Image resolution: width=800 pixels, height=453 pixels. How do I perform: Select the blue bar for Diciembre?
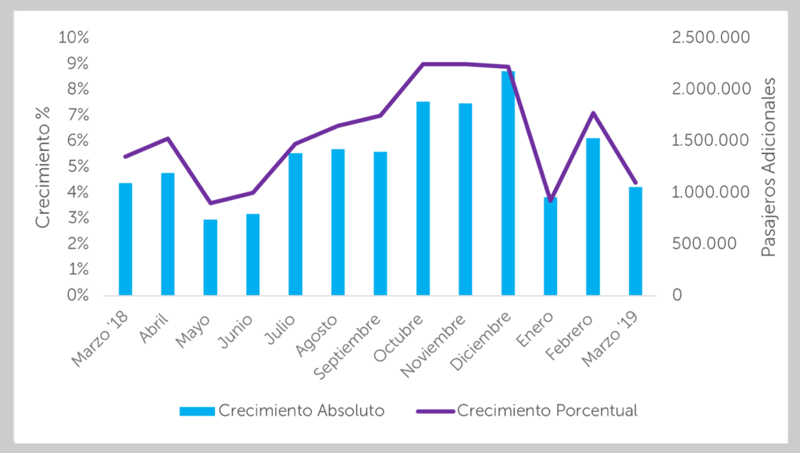tap(508, 183)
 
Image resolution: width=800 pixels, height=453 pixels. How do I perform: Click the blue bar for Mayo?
tap(210, 258)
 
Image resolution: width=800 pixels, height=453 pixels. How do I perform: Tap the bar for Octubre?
tap(423, 198)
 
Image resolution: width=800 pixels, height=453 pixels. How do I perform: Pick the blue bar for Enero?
tap(551, 246)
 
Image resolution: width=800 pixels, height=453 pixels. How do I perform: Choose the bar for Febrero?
tap(593, 217)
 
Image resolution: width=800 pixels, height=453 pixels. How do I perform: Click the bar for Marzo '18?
tap(126, 239)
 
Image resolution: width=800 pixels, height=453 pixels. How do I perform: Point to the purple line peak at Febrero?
tap(593, 112)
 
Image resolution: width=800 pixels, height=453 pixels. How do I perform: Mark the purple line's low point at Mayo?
tap(210, 203)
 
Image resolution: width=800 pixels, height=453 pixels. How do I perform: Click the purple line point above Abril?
tap(168, 138)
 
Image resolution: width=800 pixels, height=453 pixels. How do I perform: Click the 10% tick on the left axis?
tap(73, 37)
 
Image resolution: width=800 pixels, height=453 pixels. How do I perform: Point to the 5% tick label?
tap(78, 166)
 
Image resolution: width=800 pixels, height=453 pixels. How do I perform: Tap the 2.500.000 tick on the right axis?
tap(711, 37)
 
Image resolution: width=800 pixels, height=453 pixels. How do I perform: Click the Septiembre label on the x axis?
tap(348, 347)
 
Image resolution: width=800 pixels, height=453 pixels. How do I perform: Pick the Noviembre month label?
tap(434, 346)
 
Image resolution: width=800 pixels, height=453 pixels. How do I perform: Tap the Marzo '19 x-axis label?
tap(610, 340)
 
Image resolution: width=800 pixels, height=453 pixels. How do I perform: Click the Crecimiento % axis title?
tap(43, 167)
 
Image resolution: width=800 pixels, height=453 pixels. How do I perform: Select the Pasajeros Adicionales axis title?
tap(769, 167)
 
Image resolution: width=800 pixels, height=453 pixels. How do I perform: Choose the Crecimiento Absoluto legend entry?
tap(282, 411)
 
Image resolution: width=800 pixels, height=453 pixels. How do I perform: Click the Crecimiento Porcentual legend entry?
tap(527, 411)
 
